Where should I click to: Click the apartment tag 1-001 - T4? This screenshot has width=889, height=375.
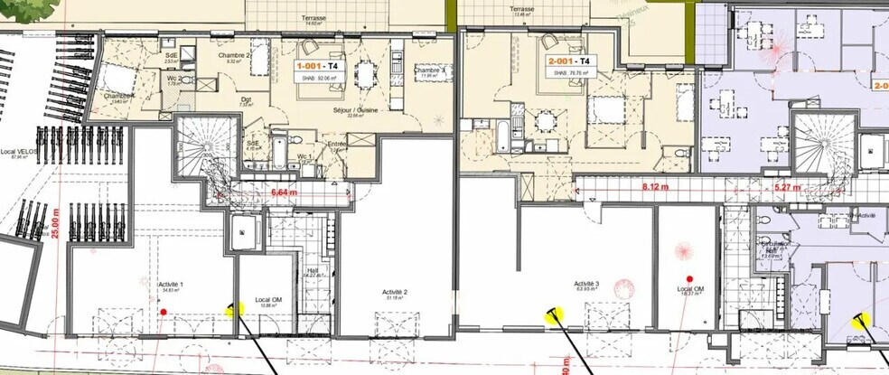coord(319,66)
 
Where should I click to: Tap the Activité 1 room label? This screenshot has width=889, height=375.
coord(171,285)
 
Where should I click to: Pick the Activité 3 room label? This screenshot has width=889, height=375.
coord(587,285)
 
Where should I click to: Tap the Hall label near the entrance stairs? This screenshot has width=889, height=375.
coord(312,269)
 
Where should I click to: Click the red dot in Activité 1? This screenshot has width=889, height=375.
coord(164,312)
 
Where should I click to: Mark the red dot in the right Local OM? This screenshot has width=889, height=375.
coord(688,279)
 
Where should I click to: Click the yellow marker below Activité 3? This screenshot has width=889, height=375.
coord(552,314)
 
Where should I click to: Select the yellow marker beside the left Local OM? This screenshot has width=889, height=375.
coord(234,309)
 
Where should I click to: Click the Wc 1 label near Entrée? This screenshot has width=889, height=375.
coord(304,157)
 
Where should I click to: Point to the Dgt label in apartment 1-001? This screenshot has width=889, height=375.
coord(246,99)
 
